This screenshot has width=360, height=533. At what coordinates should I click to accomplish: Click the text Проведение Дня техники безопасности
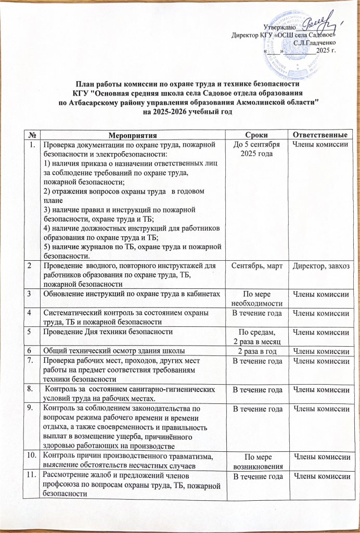[108, 331]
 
